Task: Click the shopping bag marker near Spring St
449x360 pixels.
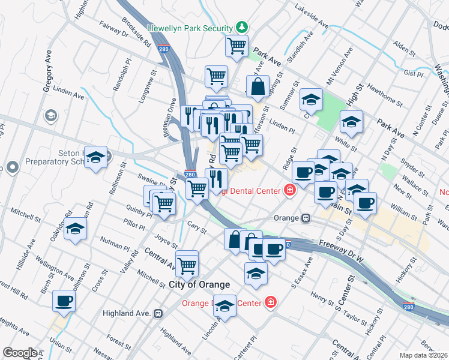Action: [258, 86]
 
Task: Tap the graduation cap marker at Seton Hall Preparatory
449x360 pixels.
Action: [95, 157]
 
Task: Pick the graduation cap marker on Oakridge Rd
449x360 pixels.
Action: [76, 229]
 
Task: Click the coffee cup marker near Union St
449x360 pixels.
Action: [64, 301]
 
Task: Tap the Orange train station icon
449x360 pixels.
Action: [306, 218]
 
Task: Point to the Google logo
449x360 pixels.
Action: [19, 353]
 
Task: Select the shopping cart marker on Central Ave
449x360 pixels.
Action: [187, 263]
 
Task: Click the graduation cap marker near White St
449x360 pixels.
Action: [351, 122]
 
